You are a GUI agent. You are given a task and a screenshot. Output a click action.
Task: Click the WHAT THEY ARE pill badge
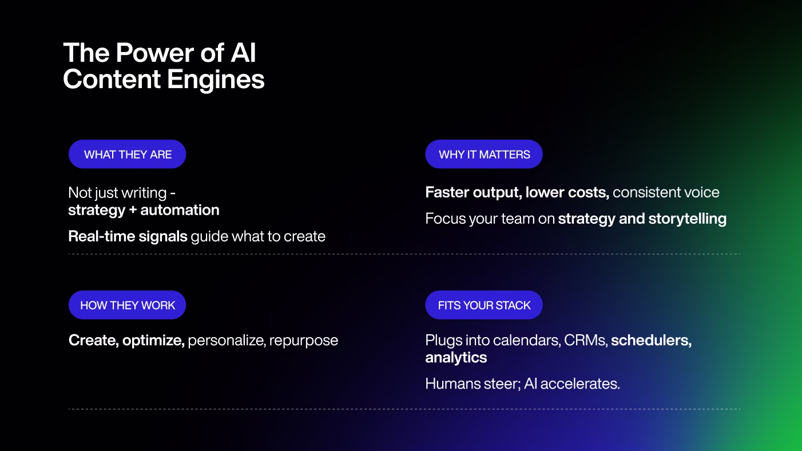pos(127,155)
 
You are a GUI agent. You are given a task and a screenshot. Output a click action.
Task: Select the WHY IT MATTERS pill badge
pos(484,155)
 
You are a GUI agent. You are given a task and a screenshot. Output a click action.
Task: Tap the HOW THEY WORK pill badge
pos(127,306)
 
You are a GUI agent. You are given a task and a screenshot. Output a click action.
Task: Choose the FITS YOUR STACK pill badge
pos(484,306)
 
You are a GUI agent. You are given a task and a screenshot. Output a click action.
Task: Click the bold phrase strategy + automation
pos(144,210)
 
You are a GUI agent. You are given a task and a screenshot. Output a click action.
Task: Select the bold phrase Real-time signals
pos(128,236)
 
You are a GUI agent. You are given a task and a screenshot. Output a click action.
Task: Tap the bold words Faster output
pos(471,192)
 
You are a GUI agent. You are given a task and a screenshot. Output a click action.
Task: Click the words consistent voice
pos(666,192)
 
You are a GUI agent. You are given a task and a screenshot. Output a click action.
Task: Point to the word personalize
pos(226,341)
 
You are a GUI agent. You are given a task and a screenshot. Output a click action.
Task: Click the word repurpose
pos(304,341)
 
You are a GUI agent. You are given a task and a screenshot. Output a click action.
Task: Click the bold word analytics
pos(456,358)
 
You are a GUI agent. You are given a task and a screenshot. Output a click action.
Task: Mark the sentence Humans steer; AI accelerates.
pos(522,383)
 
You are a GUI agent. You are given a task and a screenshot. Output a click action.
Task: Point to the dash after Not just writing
pos(173,193)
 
